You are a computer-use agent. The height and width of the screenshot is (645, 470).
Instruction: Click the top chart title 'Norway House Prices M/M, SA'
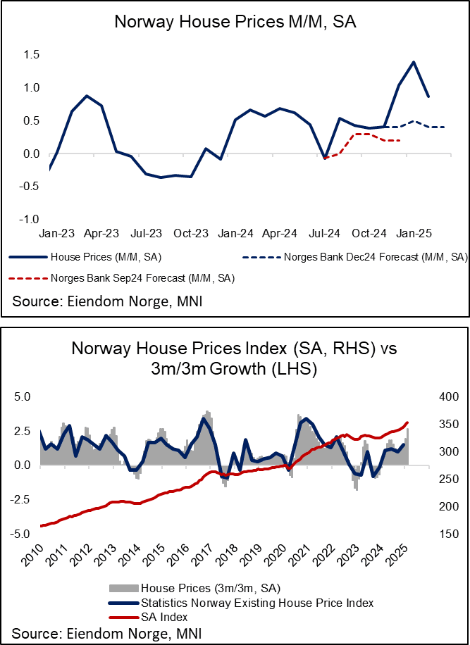tap(235, 23)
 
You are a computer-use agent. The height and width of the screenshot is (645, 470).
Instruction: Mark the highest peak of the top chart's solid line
tap(413, 62)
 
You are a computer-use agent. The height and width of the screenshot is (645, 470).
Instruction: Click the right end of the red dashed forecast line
tap(400, 141)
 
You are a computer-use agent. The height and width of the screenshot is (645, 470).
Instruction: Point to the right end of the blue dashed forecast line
tap(444, 127)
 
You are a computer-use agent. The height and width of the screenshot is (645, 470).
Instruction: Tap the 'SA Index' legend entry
tap(164, 617)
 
